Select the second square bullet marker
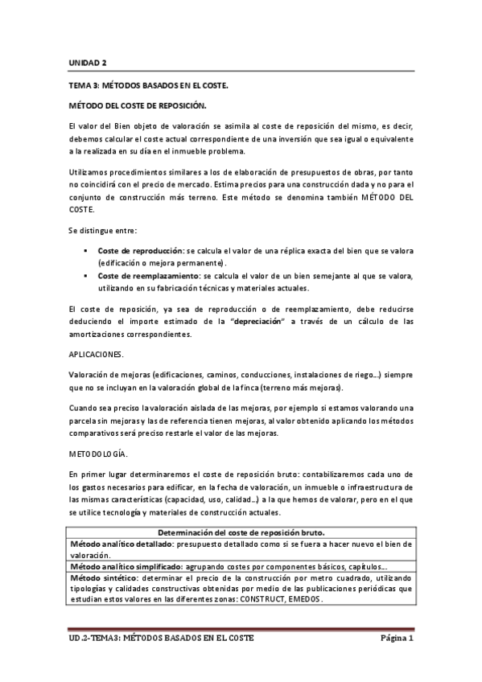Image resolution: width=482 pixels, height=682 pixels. [x=84, y=276]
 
